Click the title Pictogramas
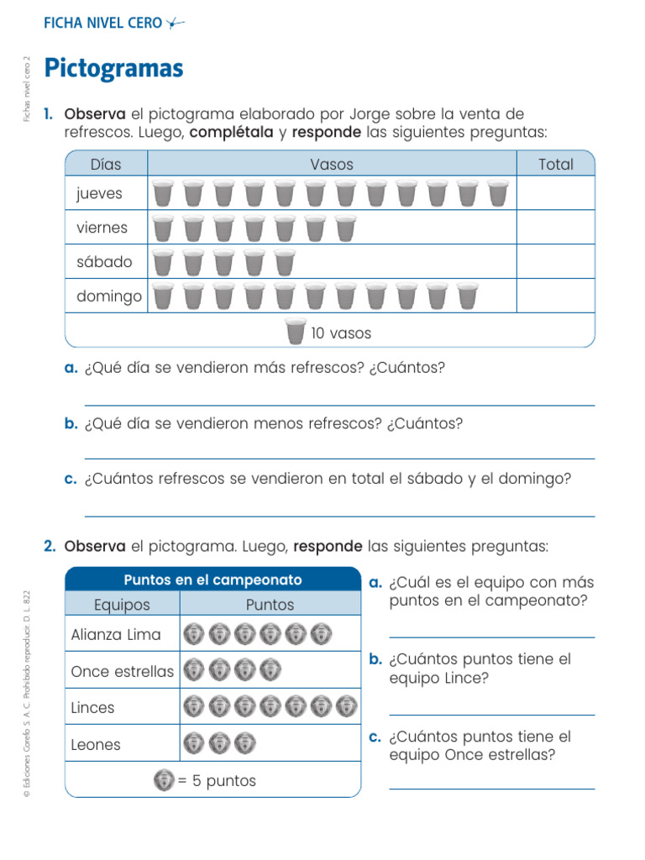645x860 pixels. pyautogui.click(x=113, y=68)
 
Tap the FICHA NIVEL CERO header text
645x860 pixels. pyautogui.click(x=102, y=24)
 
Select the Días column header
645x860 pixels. pyautogui.click(x=106, y=165)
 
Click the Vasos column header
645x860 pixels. pyautogui.click(x=332, y=165)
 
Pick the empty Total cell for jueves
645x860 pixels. pyautogui.click(x=555, y=193)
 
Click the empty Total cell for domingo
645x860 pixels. pyautogui.click(x=555, y=296)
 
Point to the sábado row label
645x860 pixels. pyautogui.click(x=104, y=262)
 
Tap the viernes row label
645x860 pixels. pyautogui.click(x=102, y=228)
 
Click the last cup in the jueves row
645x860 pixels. pyautogui.click(x=498, y=193)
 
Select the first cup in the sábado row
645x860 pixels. pyautogui.click(x=164, y=262)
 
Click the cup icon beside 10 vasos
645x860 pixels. pyautogui.click(x=295, y=332)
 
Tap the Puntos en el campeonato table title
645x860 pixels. pyautogui.click(x=212, y=580)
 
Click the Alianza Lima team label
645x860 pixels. pyautogui.click(x=116, y=635)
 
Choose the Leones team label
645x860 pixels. pyautogui.click(x=96, y=744)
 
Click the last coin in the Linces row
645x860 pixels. pyautogui.click(x=346, y=707)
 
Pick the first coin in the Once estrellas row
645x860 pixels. pyautogui.click(x=194, y=670)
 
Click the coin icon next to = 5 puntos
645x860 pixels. pyautogui.click(x=164, y=780)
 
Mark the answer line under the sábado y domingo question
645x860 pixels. pyautogui.click(x=339, y=515)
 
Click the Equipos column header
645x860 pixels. pyautogui.click(x=122, y=605)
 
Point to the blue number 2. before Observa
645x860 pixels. pyautogui.click(x=50, y=547)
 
